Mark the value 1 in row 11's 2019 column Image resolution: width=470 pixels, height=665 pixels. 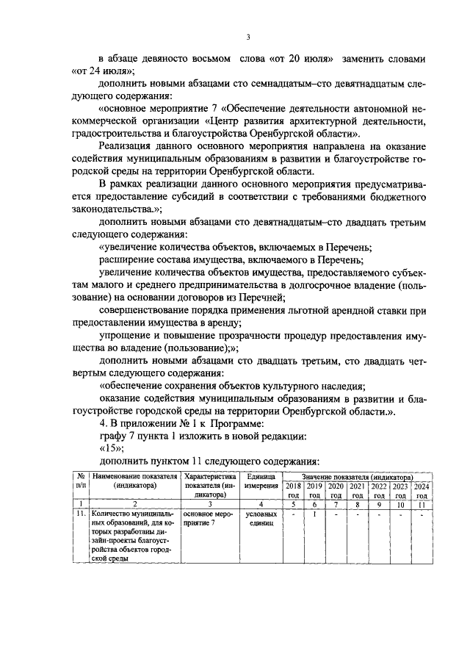click(x=314, y=514)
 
